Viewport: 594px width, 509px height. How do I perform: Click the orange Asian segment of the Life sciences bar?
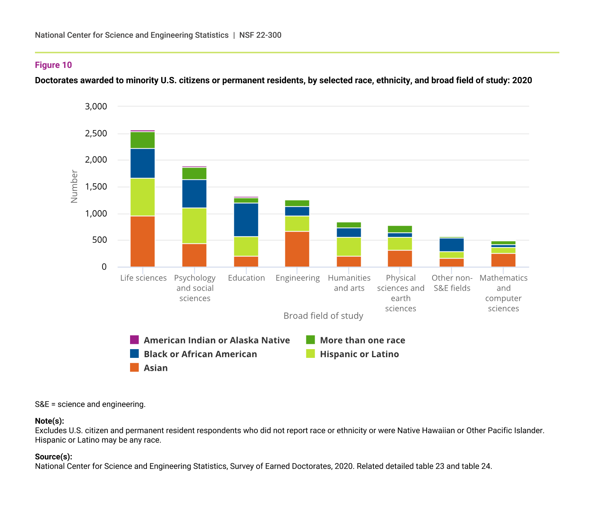point(143,241)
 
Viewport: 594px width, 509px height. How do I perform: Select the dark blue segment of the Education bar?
point(246,220)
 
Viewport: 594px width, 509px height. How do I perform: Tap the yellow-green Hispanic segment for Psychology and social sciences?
point(194,226)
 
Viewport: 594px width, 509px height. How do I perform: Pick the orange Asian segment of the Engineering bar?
point(297,249)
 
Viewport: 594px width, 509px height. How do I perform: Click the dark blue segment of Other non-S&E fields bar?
point(452,245)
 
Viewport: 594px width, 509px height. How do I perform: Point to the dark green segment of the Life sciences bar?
point(143,140)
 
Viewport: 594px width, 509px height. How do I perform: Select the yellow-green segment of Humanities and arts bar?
point(349,247)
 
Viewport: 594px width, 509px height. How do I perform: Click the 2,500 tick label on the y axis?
point(96,134)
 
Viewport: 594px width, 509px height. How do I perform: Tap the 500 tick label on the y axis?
point(100,240)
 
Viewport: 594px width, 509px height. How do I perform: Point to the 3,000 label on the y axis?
point(96,106)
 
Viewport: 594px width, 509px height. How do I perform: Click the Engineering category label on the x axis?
point(298,278)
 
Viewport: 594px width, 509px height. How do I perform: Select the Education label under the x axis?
point(246,278)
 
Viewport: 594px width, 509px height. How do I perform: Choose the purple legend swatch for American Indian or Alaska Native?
point(134,340)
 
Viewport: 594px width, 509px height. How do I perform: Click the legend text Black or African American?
point(200,354)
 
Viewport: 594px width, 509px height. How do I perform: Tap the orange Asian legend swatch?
point(134,367)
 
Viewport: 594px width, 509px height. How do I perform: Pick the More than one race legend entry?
point(362,340)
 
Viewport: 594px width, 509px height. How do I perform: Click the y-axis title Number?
point(74,186)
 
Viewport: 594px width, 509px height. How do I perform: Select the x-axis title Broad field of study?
point(323,316)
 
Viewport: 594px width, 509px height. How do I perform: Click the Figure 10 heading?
point(53,65)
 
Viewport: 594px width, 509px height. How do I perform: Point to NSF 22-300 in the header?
point(260,35)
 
